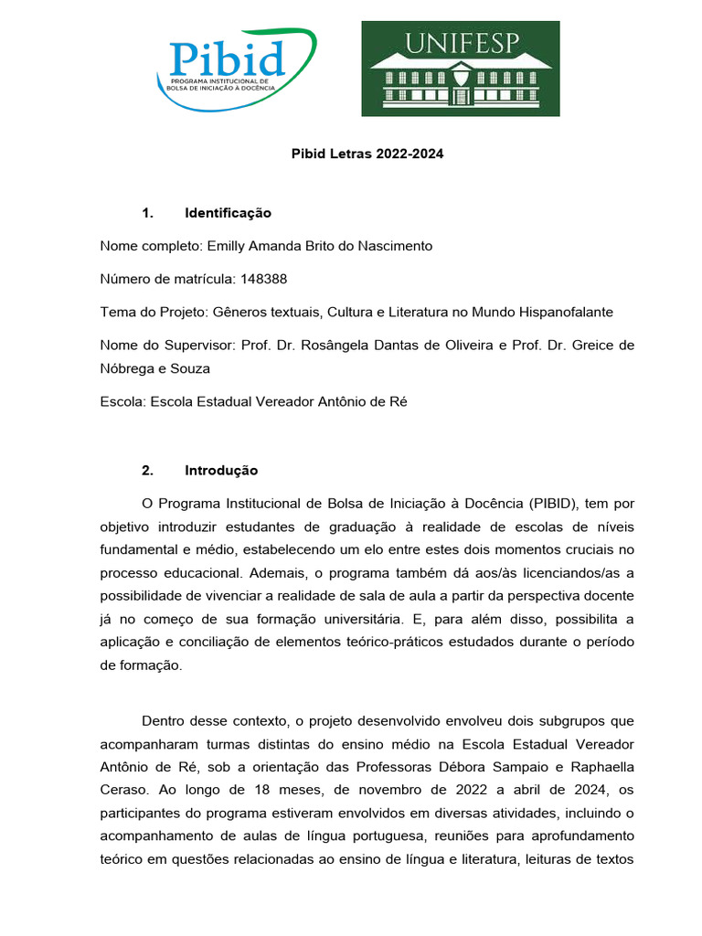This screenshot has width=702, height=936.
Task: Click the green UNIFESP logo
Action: [x=460, y=69]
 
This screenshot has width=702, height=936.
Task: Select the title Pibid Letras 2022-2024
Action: [x=367, y=154]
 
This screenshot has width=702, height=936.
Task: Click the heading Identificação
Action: [x=228, y=213]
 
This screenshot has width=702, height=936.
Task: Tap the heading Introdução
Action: [x=221, y=471]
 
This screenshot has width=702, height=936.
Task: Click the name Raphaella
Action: [x=594, y=768]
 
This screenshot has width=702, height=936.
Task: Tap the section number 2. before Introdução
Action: [x=148, y=471]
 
